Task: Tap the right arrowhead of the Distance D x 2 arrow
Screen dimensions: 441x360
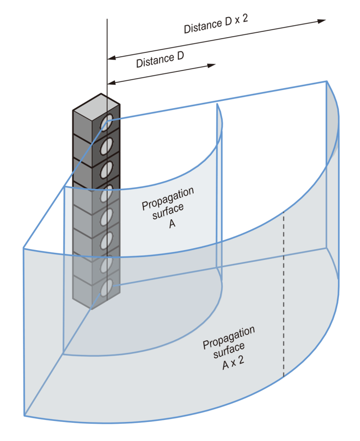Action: pyautogui.click(x=322, y=21)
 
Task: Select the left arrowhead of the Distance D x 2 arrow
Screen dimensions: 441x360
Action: pyautogui.click(x=111, y=58)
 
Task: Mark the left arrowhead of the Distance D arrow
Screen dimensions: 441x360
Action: pyautogui.click(x=111, y=82)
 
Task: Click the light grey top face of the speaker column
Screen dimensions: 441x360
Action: pyautogui.click(x=96, y=104)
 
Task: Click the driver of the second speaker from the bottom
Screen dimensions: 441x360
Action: pyautogui.click(x=106, y=264)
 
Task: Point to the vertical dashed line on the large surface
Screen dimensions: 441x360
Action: pyautogui.click(x=284, y=294)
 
